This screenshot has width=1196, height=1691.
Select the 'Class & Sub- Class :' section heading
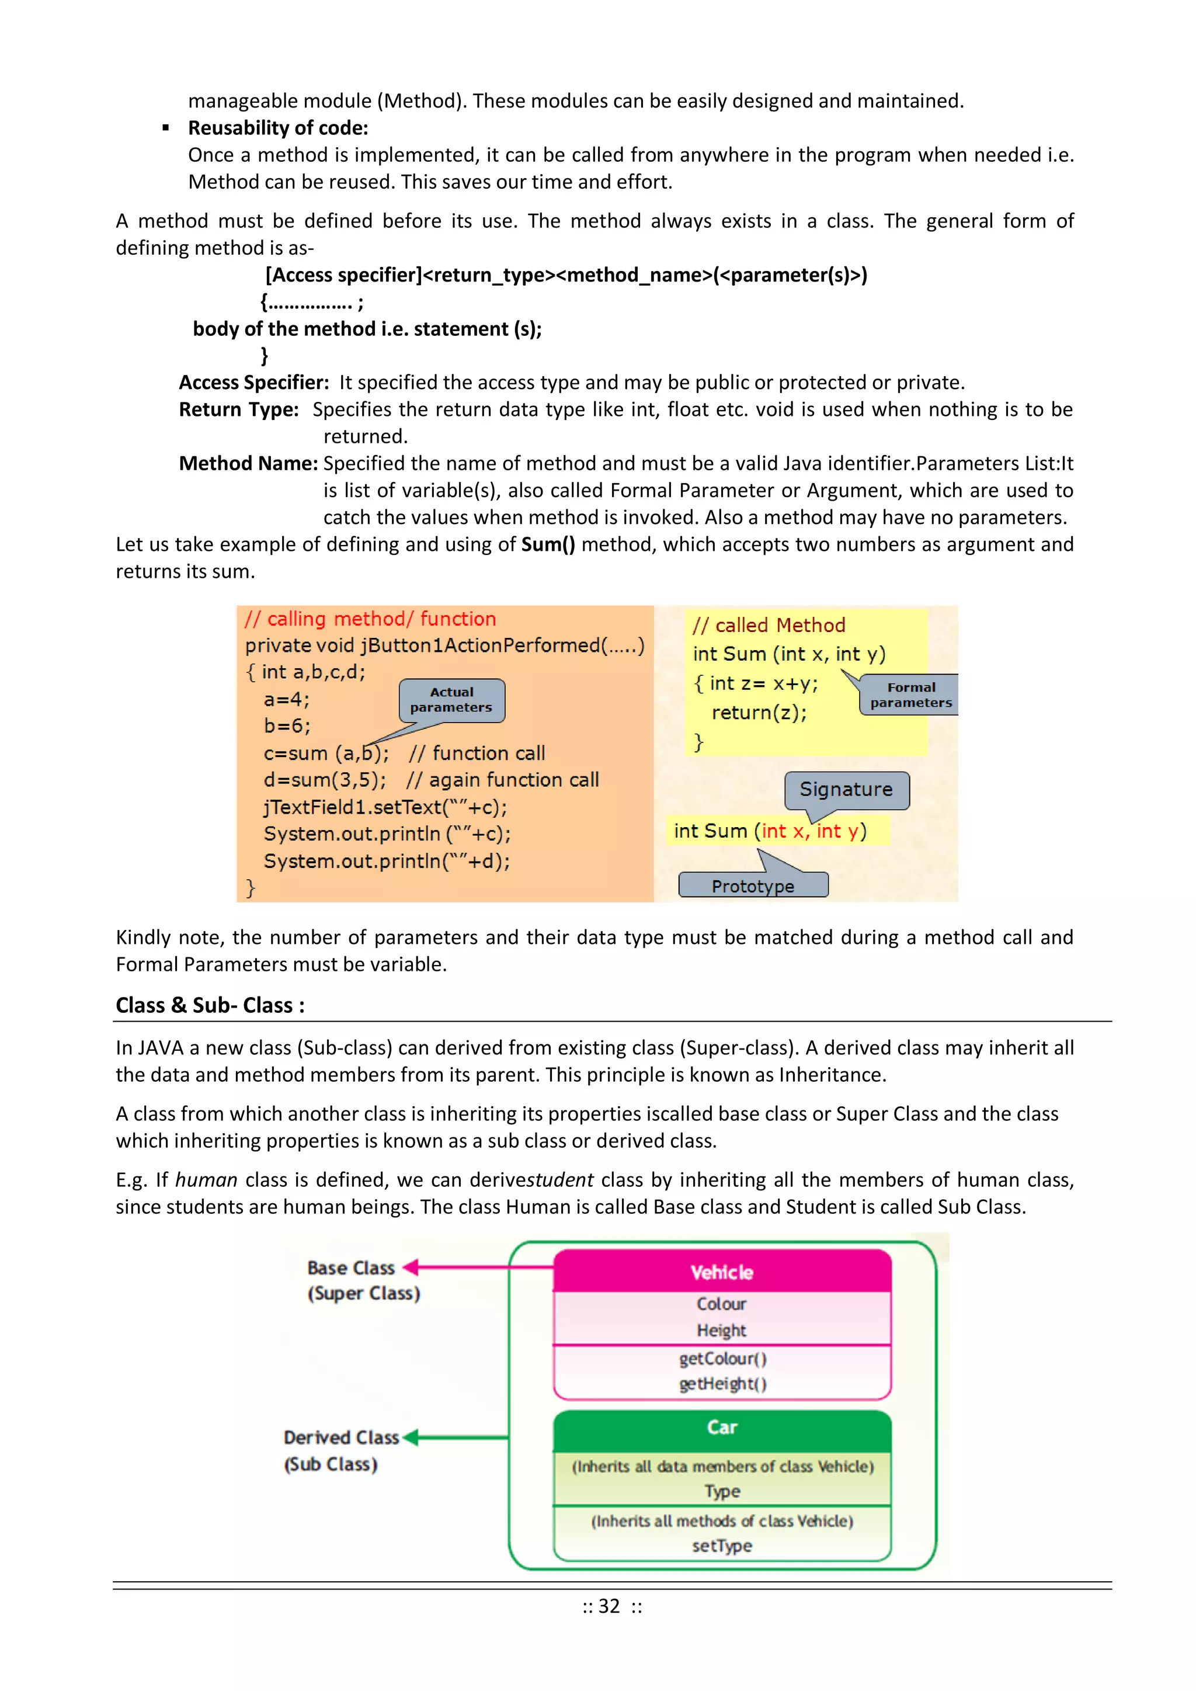click(x=210, y=1005)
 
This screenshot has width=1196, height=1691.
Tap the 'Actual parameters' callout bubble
click(x=451, y=700)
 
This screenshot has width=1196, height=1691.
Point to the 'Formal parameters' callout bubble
click(x=910, y=695)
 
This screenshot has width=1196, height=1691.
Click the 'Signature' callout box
click(x=846, y=790)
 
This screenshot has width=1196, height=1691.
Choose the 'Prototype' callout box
click(x=753, y=886)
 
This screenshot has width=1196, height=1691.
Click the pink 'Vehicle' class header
click(x=722, y=1272)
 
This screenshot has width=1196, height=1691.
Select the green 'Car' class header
click(x=722, y=1428)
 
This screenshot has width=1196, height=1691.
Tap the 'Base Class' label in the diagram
click(x=352, y=1268)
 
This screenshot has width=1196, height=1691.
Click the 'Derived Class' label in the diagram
click(x=341, y=1437)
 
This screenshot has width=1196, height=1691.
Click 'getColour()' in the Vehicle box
click(x=722, y=1358)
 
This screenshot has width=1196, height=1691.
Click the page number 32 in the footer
click(x=609, y=1606)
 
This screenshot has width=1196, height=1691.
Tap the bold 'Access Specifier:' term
click(x=254, y=382)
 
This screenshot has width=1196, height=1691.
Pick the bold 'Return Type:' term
click(x=239, y=409)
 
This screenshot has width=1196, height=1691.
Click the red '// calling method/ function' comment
click(x=370, y=619)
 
